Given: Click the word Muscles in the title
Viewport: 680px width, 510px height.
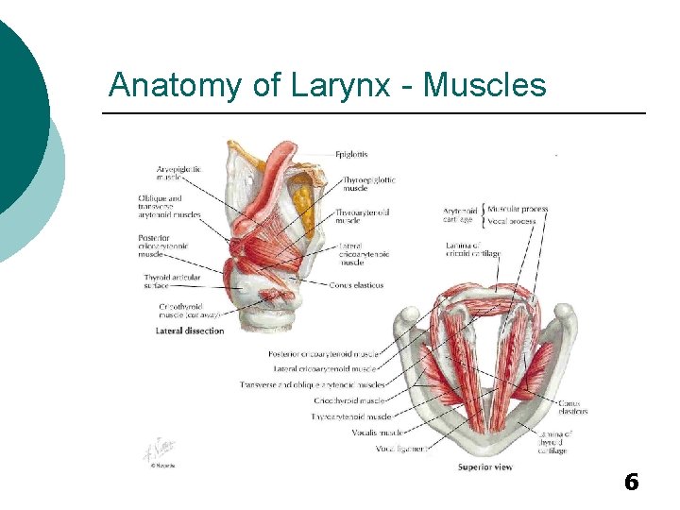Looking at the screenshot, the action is [484, 86].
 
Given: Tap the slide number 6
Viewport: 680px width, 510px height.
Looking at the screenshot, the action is [632, 483].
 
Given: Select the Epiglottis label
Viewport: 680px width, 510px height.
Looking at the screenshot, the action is [351, 154].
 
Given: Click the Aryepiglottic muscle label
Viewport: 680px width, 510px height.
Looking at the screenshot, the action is [180, 173].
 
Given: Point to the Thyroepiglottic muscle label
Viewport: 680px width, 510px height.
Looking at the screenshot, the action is [368, 183].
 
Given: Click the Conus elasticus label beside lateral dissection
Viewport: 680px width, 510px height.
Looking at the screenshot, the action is [357, 285].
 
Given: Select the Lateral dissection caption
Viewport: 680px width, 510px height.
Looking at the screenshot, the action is [190, 331].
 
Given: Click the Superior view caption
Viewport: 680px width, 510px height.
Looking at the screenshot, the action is [485, 467].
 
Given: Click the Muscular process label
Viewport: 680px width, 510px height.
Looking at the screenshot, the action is [518, 209].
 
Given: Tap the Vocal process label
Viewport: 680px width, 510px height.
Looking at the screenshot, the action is [512, 222].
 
